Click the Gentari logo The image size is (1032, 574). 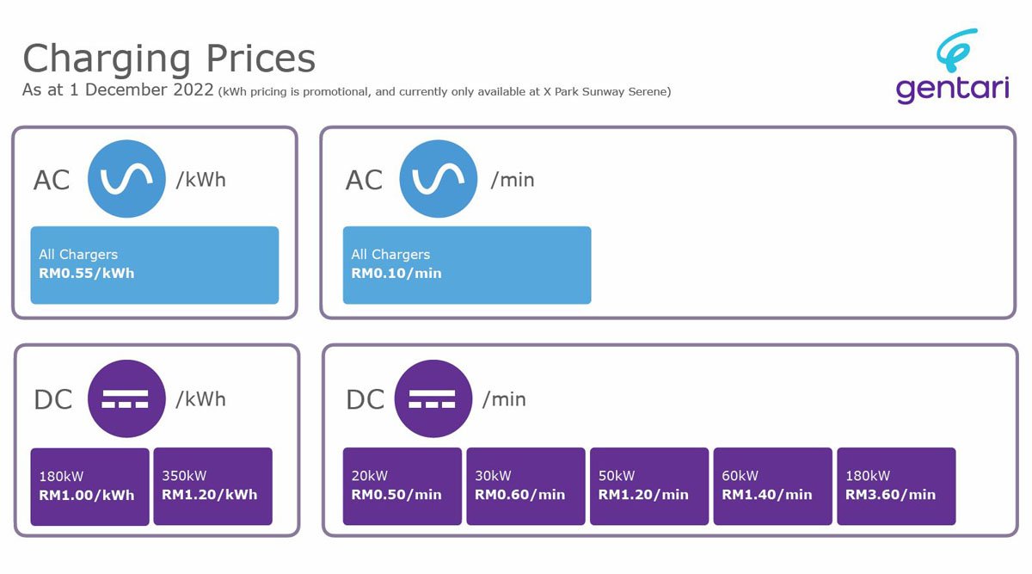click(x=952, y=66)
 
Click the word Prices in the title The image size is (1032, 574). click(x=261, y=59)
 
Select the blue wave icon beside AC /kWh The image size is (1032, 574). click(x=126, y=179)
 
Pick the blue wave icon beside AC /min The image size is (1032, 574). click(x=438, y=179)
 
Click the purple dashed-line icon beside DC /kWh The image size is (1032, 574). click(x=126, y=398)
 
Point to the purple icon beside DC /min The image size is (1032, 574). click(x=433, y=398)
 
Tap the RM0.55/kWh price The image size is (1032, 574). click(x=87, y=274)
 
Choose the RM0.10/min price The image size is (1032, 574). click(x=396, y=274)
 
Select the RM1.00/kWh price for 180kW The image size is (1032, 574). click(x=87, y=495)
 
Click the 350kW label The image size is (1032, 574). click(x=184, y=476)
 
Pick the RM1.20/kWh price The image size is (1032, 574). click(x=210, y=495)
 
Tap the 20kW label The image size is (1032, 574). click(x=370, y=476)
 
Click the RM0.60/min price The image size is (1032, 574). click(x=519, y=495)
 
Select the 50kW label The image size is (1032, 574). click(x=617, y=476)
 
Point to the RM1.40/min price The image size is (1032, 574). click(x=766, y=495)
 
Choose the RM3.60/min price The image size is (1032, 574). click(x=890, y=495)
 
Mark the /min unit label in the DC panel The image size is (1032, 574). click(x=504, y=399)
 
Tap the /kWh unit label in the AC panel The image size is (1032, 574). click(x=201, y=180)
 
